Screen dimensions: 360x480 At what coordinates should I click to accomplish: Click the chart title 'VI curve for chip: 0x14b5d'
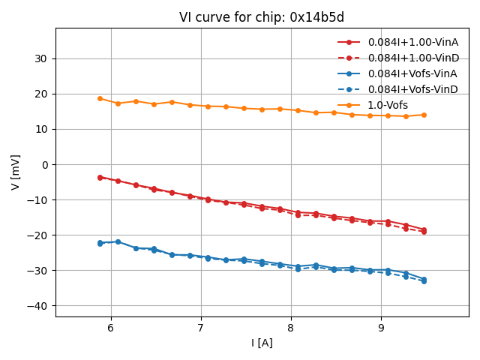pyautogui.click(x=262, y=17)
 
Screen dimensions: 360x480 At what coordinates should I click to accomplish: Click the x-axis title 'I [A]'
pyautogui.click(x=262, y=343)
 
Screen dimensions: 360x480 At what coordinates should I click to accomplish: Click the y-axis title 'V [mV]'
pyautogui.click(x=16, y=172)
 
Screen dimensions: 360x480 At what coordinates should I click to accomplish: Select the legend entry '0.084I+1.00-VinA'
pyautogui.click(x=412, y=42)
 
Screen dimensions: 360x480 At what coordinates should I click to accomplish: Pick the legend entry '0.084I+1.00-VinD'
pyautogui.click(x=412, y=58)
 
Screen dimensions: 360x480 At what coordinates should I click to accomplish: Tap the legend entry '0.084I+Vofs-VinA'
pyautogui.click(x=412, y=73)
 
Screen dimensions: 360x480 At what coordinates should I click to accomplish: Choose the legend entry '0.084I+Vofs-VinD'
pyautogui.click(x=412, y=89)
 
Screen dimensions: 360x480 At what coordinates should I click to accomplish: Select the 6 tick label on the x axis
pyautogui.click(x=111, y=328)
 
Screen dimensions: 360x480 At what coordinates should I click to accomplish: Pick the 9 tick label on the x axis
pyautogui.click(x=381, y=328)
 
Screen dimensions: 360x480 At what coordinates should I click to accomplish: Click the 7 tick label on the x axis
pyautogui.click(x=201, y=328)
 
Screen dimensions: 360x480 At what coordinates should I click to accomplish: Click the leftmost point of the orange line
pyautogui.click(x=100, y=98)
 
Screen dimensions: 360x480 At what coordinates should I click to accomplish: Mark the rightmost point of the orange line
pyautogui.click(x=424, y=115)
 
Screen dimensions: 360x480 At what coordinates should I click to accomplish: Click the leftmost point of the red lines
pyautogui.click(x=100, y=178)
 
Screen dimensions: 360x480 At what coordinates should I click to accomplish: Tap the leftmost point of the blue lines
pyautogui.click(x=100, y=243)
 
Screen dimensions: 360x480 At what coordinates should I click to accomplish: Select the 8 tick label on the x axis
pyautogui.click(x=291, y=328)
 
